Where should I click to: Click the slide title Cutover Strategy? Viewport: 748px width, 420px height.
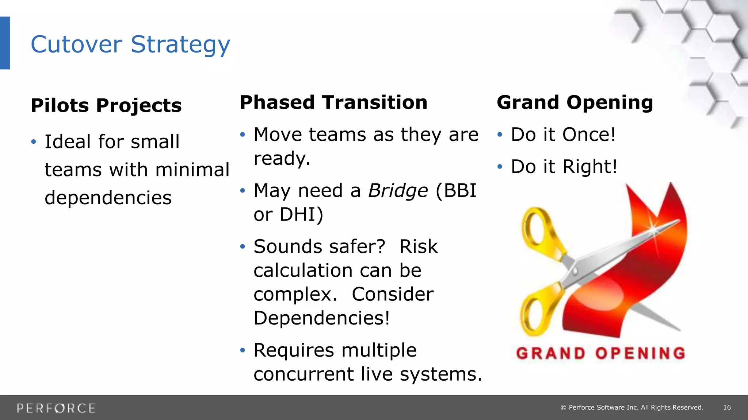pyautogui.click(x=130, y=44)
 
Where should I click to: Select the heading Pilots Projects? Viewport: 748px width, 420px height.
pyautogui.click(x=106, y=105)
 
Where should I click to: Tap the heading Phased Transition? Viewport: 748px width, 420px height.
pyautogui.click(x=333, y=102)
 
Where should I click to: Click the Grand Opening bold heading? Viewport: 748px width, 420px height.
pyautogui.click(x=575, y=102)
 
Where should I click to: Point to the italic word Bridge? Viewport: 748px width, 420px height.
pyautogui.click(x=398, y=191)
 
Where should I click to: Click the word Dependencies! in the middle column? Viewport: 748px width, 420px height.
pyautogui.click(x=322, y=318)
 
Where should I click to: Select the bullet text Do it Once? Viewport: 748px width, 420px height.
pyautogui.click(x=563, y=135)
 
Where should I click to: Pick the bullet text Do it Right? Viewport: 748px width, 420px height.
pyautogui.click(x=564, y=167)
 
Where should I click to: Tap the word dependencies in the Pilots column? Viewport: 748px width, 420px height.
pyautogui.click(x=108, y=198)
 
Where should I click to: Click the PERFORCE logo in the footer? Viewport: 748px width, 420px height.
pyautogui.click(x=56, y=408)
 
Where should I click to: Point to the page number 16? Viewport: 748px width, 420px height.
pyautogui.click(x=727, y=408)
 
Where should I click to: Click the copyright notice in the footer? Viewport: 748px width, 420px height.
pyautogui.click(x=632, y=408)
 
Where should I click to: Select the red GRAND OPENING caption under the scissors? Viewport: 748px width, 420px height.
pyautogui.click(x=600, y=353)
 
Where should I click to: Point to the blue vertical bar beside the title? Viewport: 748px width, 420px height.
pyautogui.click(x=5, y=43)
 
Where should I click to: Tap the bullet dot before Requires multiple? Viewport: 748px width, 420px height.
pyautogui.click(x=243, y=350)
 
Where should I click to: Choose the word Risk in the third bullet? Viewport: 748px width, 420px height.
pyautogui.click(x=418, y=246)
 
